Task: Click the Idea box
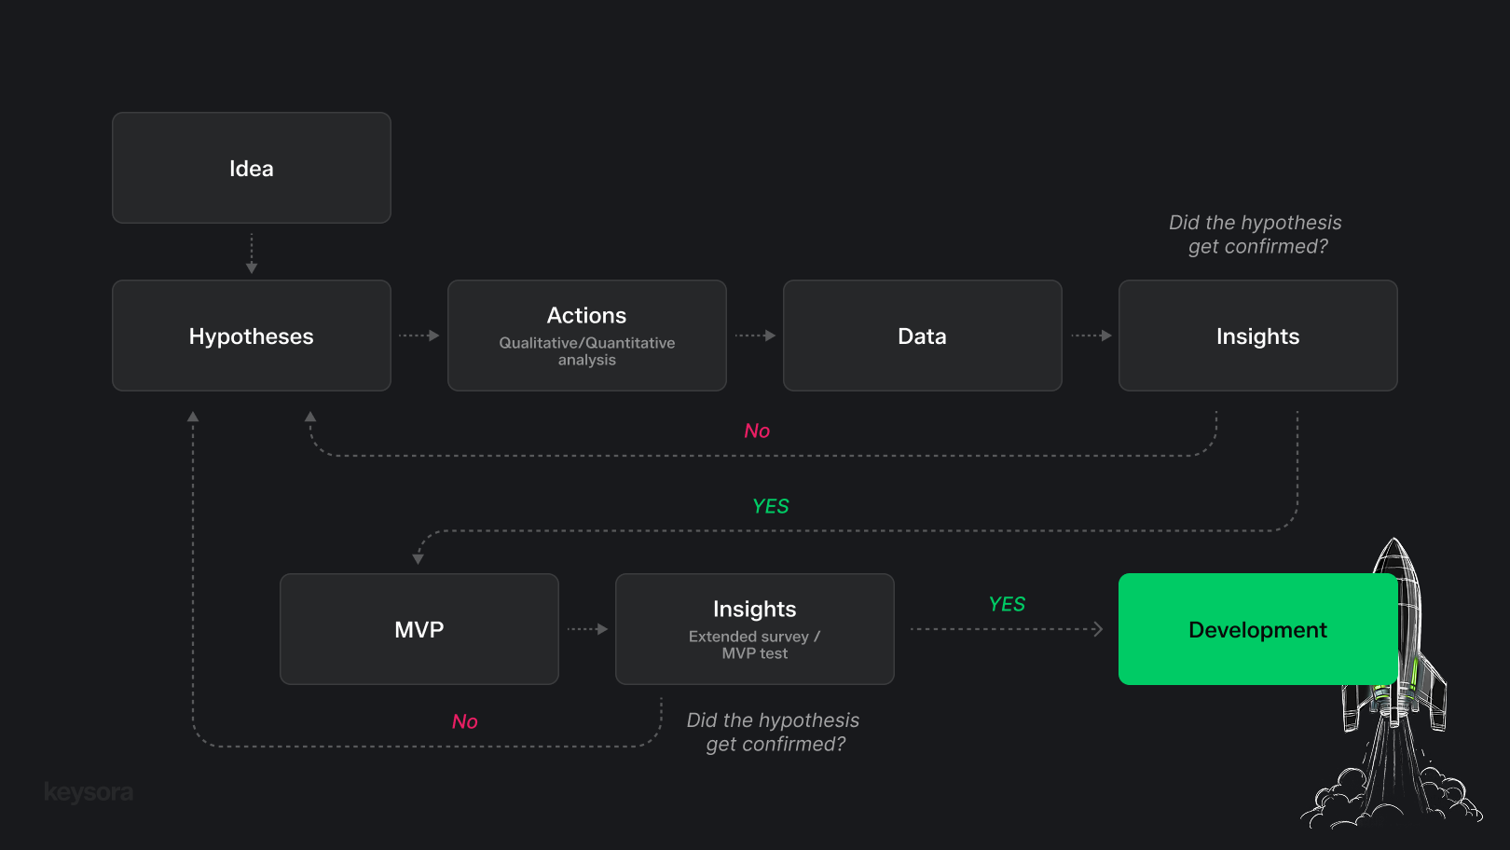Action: pos(251,168)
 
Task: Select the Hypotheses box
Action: pos(251,336)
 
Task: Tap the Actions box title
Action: pos(586,315)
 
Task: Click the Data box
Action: pos(922,336)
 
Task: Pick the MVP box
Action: pos(419,629)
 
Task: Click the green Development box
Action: pos(1257,629)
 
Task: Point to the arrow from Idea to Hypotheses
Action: pos(252,254)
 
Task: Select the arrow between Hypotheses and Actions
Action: pos(419,336)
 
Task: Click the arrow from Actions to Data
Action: pos(755,336)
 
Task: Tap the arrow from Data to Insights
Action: pos(1091,336)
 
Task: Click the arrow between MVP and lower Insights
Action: pos(587,629)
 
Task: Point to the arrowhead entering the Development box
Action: pos(1098,629)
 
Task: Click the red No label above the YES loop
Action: pos(757,431)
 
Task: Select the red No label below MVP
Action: pos(464,721)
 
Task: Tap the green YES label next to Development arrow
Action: pos(1007,604)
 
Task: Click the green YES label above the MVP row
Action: pos(771,506)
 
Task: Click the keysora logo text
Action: pos(89,792)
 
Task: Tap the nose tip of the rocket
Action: pos(1393,541)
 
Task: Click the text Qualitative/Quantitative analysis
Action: pos(586,351)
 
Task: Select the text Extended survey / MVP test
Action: pos(754,645)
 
